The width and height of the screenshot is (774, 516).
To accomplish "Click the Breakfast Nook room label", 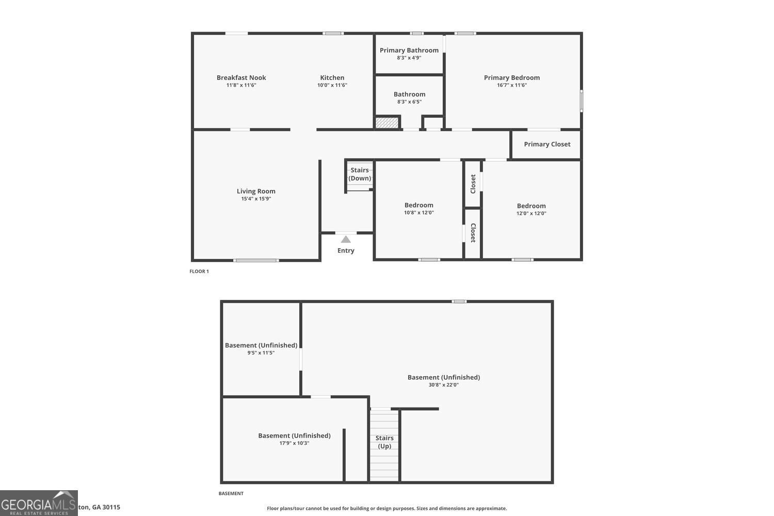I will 241,78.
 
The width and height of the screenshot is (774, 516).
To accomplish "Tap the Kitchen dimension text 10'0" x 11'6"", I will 332,85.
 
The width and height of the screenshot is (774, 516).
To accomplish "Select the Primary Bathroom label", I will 409,50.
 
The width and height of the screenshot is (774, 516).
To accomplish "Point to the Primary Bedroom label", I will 511,78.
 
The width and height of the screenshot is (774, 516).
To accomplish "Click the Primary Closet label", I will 547,144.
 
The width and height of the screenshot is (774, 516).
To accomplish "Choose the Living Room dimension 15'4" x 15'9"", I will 256,199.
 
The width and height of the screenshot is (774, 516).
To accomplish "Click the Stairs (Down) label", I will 360,174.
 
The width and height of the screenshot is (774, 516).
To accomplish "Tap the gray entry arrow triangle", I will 346,239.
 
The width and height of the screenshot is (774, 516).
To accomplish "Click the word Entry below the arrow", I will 346,251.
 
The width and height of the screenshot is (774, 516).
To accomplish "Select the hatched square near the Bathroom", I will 387,123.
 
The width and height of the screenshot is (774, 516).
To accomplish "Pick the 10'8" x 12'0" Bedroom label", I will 418,205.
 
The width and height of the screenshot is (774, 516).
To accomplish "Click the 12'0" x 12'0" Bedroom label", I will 531,206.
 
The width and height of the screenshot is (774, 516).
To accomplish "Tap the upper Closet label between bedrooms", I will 473,184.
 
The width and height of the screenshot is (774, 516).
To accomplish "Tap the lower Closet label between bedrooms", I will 473,233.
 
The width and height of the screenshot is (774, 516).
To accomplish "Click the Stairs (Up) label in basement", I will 384,442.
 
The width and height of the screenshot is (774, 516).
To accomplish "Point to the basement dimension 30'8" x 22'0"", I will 443,385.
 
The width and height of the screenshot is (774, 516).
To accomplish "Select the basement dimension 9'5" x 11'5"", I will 261,353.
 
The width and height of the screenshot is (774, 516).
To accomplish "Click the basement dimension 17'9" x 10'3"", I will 294,443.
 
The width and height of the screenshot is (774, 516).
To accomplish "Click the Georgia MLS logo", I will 39,503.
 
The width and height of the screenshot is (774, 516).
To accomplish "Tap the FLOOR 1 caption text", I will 199,271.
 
